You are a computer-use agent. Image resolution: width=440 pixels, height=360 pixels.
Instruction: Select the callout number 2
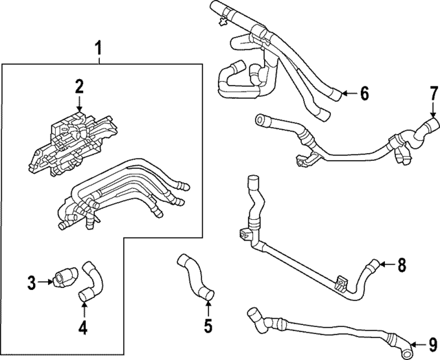(79, 86)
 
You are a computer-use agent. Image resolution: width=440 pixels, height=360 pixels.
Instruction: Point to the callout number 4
(82, 328)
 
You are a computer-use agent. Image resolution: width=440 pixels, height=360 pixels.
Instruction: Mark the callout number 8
(401, 264)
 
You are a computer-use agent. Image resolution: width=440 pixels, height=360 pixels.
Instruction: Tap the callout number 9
(432, 345)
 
